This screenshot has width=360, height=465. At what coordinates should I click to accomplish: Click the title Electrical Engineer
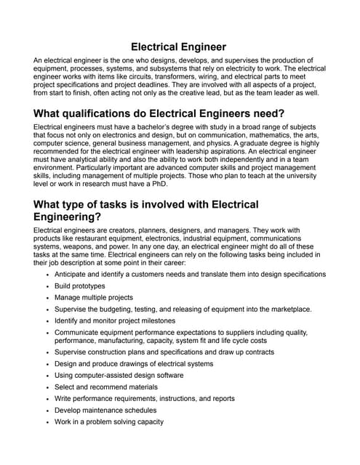179,46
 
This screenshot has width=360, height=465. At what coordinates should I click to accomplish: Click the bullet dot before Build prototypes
47,286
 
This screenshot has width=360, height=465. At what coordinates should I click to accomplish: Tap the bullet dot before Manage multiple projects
47,298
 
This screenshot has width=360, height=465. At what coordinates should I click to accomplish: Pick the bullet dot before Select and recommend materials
47,387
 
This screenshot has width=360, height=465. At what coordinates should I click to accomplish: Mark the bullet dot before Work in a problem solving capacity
47,421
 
